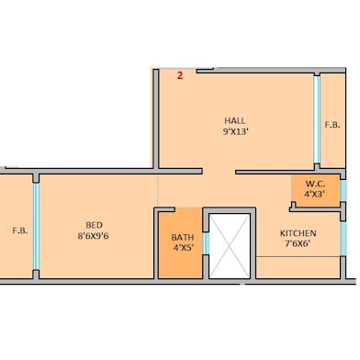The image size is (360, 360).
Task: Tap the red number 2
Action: click(179, 76)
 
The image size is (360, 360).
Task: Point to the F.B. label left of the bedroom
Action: click(18, 231)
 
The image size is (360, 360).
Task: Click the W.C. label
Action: click(315, 183)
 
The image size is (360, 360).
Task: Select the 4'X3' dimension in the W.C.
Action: click(315, 194)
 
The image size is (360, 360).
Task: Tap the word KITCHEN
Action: click(298, 233)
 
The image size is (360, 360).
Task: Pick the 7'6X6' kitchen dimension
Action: click(298, 245)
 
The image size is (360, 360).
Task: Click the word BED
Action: click(94, 224)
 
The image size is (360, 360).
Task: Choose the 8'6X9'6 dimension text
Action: click(94, 236)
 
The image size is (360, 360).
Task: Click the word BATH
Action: click(182, 237)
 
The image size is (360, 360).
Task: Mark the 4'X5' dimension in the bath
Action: click(182, 248)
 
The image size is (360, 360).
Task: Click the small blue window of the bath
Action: click(206, 242)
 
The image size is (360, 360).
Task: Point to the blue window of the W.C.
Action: click(343, 190)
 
